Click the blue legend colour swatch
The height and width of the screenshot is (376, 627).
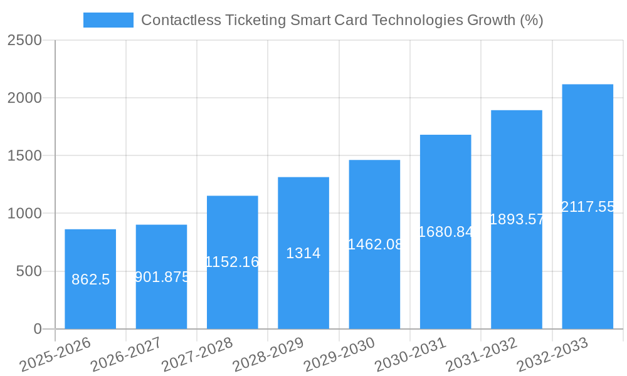pyautogui.click(x=108, y=20)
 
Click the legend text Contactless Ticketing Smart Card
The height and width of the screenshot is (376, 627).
pyautogui.click(x=342, y=20)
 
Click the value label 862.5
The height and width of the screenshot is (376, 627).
pyautogui.click(x=90, y=279)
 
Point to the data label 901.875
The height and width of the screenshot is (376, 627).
pyautogui.click(x=162, y=277)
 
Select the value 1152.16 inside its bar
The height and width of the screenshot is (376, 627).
pyautogui.click(x=232, y=262)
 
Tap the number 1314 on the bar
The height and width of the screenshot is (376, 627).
pyautogui.click(x=303, y=253)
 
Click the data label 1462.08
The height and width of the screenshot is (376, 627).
pyautogui.click(x=375, y=244)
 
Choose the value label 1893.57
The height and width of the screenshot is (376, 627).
pyautogui.click(x=517, y=219)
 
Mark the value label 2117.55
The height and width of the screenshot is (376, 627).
pyautogui.click(x=587, y=207)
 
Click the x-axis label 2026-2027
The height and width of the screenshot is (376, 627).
pyautogui.click(x=125, y=355)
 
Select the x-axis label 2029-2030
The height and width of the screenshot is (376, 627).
pyautogui.click(x=339, y=355)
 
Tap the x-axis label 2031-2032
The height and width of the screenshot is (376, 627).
pyautogui.click(x=481, y=355)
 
